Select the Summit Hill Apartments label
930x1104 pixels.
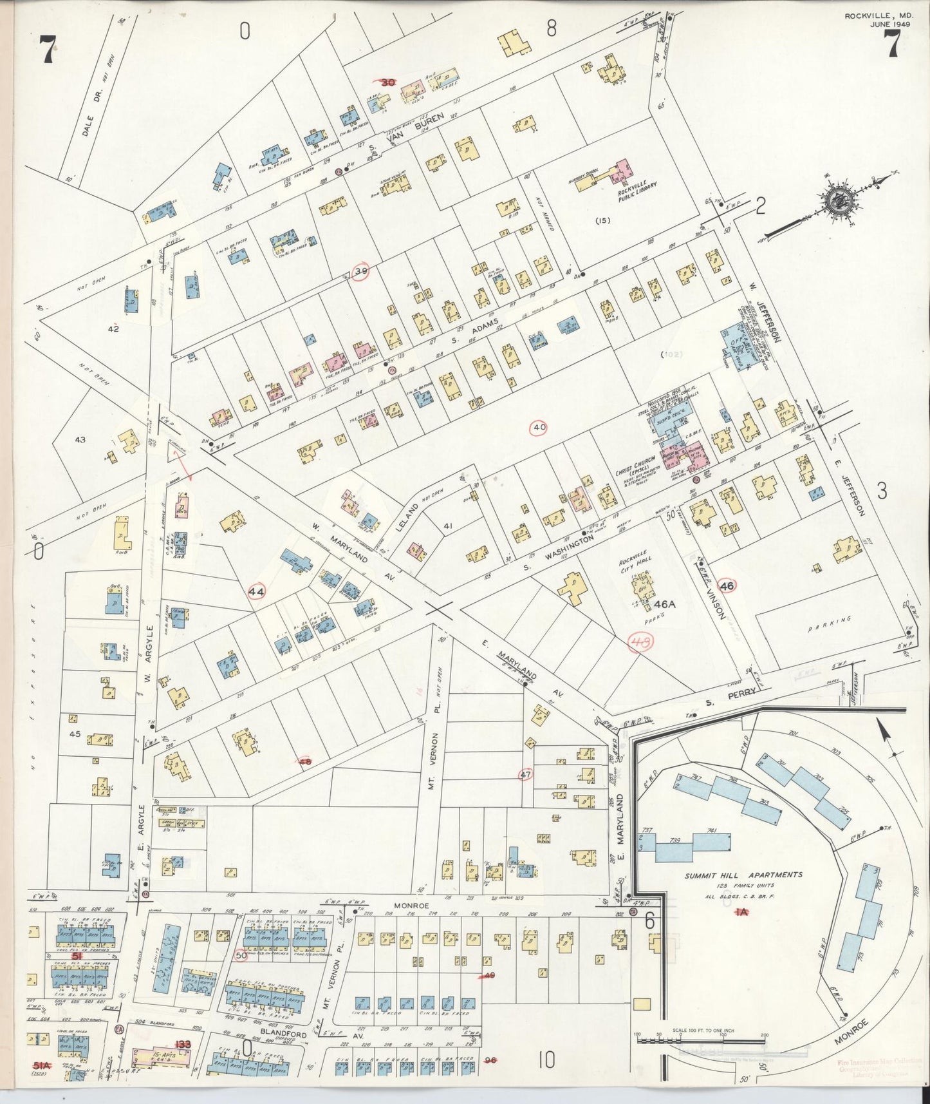tap(743, 875)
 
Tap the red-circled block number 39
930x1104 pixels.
tap(362, 272)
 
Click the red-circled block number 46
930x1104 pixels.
tap(727, 586)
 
